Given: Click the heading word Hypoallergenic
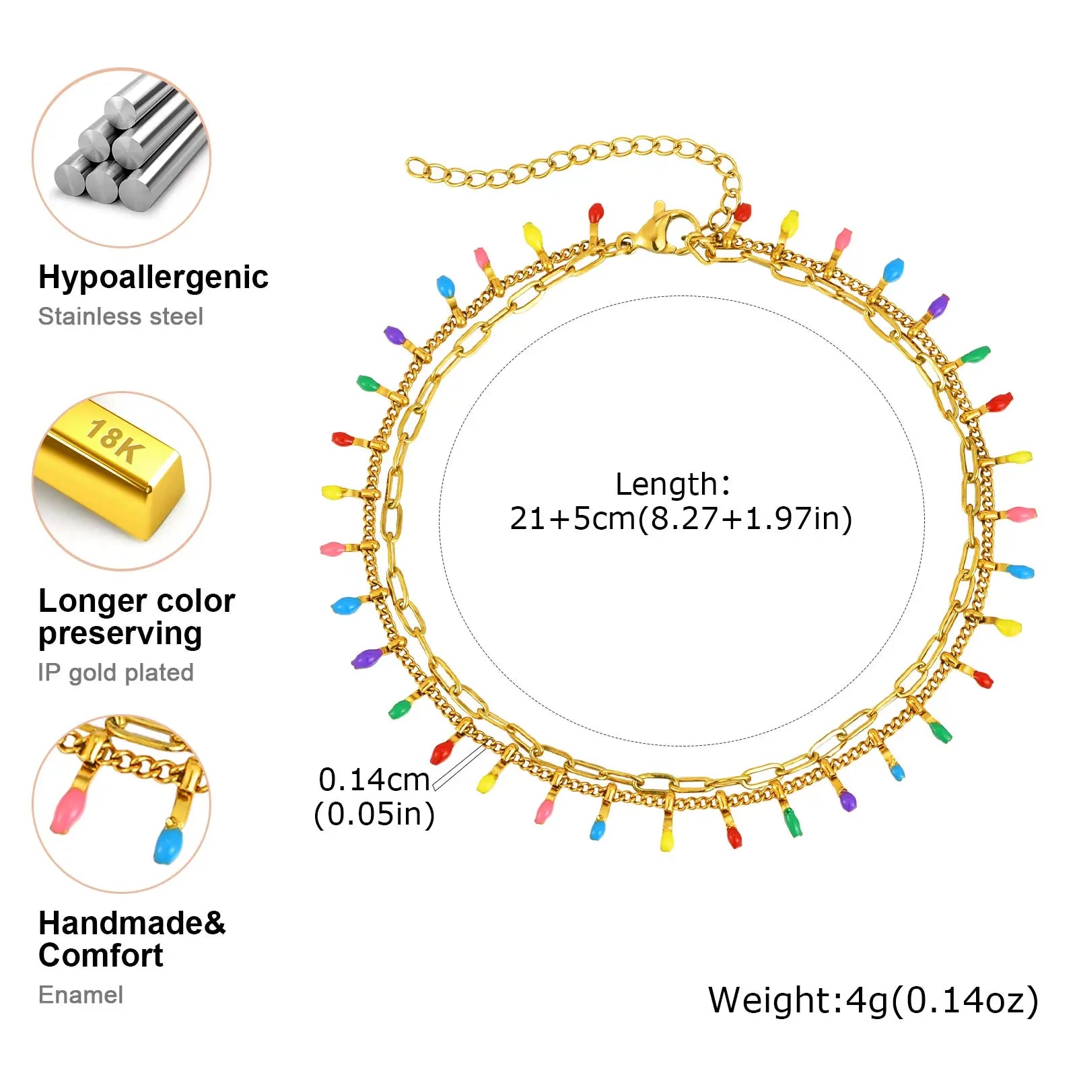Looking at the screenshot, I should pyautogui.click(x=153, y=277).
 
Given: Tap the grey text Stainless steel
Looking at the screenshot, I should pyautogui.click(x=120, y=316).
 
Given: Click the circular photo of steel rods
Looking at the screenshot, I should pyautogui.click(x=122, y=158).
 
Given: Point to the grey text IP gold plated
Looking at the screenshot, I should pyautogui.click(x=116, y=672).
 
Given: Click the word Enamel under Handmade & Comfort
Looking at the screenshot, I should pyautogui.click(x=81, y=995).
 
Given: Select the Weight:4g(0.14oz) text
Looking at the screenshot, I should pyautogui.click(x=873, y=1000).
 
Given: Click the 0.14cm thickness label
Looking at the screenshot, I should pyautogui.click(x=374, y=779).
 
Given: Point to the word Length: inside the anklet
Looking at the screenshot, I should pyautogui.click(x=672, y=484).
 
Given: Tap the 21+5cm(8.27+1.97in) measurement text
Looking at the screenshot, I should pyautogui.click(x=681, y=518).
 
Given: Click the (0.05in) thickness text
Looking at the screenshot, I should pyautogui.click(x=374, y=814).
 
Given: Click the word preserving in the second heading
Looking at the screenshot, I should pyautogui.click(x=120, y=633).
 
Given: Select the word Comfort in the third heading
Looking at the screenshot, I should pyautogui.click(x=101, y=955).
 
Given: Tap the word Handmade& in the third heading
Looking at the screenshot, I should pyautogui.click(x=132, y=923).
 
